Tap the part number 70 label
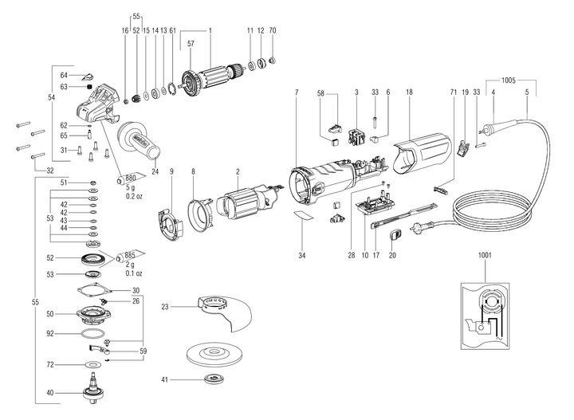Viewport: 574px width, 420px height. point(273,30)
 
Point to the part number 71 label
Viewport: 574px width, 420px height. point(454,93)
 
